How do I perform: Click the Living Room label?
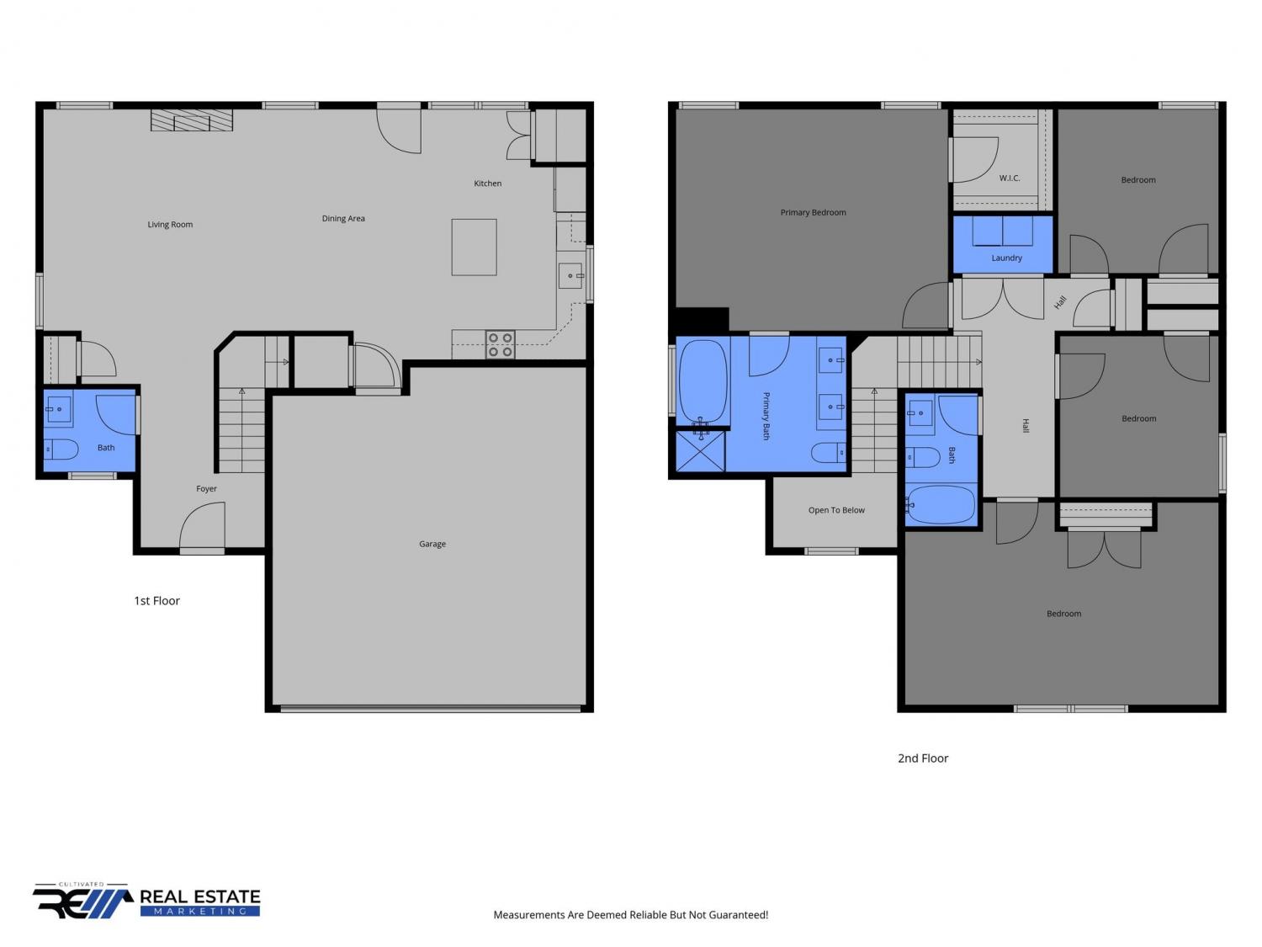[170, 224]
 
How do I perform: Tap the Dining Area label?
[343, 219]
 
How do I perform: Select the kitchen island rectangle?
[474, 247]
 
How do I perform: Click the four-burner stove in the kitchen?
[500, 344]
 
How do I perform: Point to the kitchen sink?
[570, 276]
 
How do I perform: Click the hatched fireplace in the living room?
[192, 120]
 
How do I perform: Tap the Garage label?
[432, 544]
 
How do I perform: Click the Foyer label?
[206, 489]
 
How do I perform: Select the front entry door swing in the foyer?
[202, 525]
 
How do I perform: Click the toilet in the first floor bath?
[61, 450]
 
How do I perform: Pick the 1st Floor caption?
[157, 601]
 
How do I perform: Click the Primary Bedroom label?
[813, 213]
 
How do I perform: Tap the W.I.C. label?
[1009, 178]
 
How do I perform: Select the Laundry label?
[1006, 258]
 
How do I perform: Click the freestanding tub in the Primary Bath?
[702, 381]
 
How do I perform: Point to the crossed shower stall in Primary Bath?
[700, 451]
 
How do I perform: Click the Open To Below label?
[836, 510]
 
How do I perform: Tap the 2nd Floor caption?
[923, 758]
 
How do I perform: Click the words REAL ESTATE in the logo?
[200, 896]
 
